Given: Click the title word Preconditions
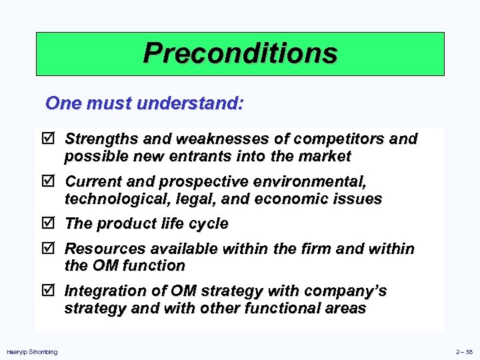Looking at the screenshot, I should [240, 53].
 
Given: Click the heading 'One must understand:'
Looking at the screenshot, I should [145, 104].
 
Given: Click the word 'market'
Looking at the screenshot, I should [326, 157].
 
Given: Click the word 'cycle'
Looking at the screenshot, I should [208, 224].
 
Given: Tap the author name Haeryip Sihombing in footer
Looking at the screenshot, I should [32, 352].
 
